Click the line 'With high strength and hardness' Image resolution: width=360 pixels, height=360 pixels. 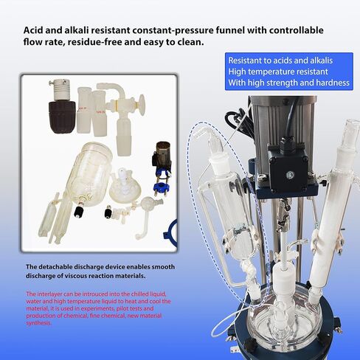coord(286,83)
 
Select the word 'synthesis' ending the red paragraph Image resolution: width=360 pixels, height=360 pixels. coord(38,323)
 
